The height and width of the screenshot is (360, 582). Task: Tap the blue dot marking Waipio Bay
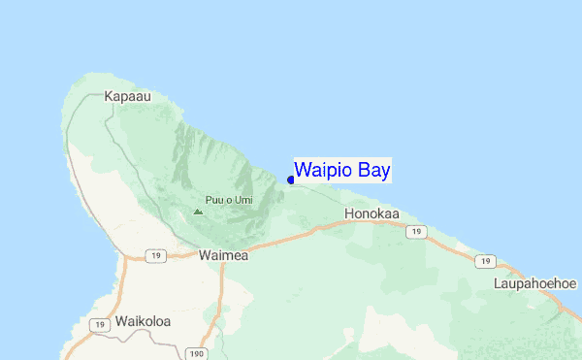(291, 180)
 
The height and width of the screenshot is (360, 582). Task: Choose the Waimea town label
(223, 255)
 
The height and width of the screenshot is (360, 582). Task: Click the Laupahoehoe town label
(535, 283)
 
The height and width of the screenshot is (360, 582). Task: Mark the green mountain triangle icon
(198, 211)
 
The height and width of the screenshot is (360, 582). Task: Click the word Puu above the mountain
(218, 200)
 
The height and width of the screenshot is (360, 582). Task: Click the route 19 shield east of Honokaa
(416, 232)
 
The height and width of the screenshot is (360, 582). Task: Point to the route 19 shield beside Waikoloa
(98, 325)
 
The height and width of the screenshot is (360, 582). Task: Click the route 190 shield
(196, 354)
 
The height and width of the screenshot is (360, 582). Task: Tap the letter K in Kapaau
(109, 98)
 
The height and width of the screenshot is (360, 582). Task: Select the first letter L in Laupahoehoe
(497, 283)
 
